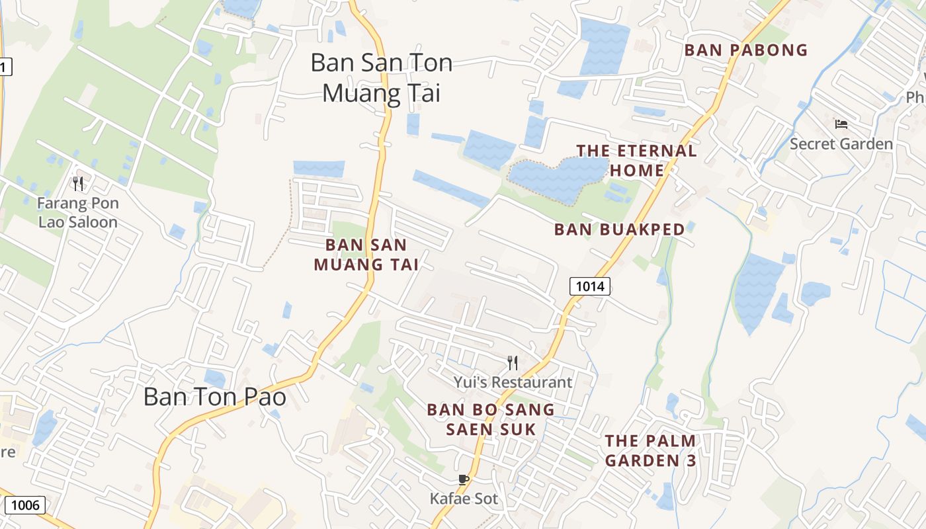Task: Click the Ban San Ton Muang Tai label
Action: pyautogui.click(x=381, y=78)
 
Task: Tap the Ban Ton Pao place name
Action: pyautogui.click(x=215, y=397)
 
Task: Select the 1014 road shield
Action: pyautogui.click(x=589, y=286)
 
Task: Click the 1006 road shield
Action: pyautogui.click(x=26, y=506)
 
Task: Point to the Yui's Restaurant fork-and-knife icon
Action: pyautogui.click(x=513, y=362)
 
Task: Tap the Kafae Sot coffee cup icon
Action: pyautogui.click(x=463, y=479)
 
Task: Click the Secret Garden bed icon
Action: pyautogui.click(x=841, y=124)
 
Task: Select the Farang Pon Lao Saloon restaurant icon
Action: pyautogui.click(x=78, y=183)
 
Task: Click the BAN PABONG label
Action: pyautogui.click(x=746, y=50)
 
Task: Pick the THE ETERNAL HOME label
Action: pyautogui.click(x=636, y=161)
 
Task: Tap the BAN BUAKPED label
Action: pyautogui.click(x=619, y=229)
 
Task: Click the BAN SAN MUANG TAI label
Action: pyautogui.click(x=366, y=255)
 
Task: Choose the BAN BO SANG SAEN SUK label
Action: pyautogui.click(x=490, y=419)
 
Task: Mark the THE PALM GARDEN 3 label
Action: pyautogui.click(x=651, y=450)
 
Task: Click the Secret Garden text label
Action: pyautogui.click(x=841, y=144)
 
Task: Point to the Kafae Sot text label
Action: pyautogui.click(x=463, y=499)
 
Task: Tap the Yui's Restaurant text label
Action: pyautogui.click(x=513, y=382)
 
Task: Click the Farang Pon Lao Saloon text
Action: pyautogui.click(x=78, y=212)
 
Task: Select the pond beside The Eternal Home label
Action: pyautogui.click(x=552, y=179)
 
